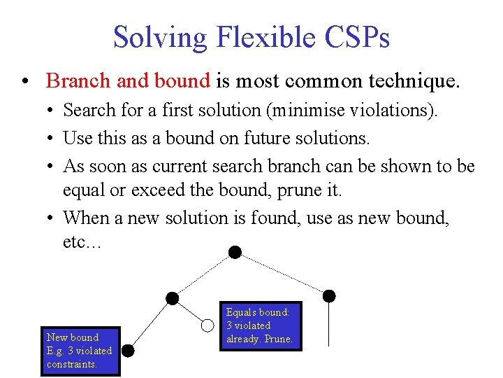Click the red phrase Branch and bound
(x=128, y=81)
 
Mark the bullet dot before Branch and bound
(x=25, y=82)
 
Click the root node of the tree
(x=235, y=251)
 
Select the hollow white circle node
(x=207, y=325)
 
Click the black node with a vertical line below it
(x=329, y=295)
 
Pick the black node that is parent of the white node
(x=172, y=299)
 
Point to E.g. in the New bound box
(x=57, y=351)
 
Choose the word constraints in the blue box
(x=71, y=364)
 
